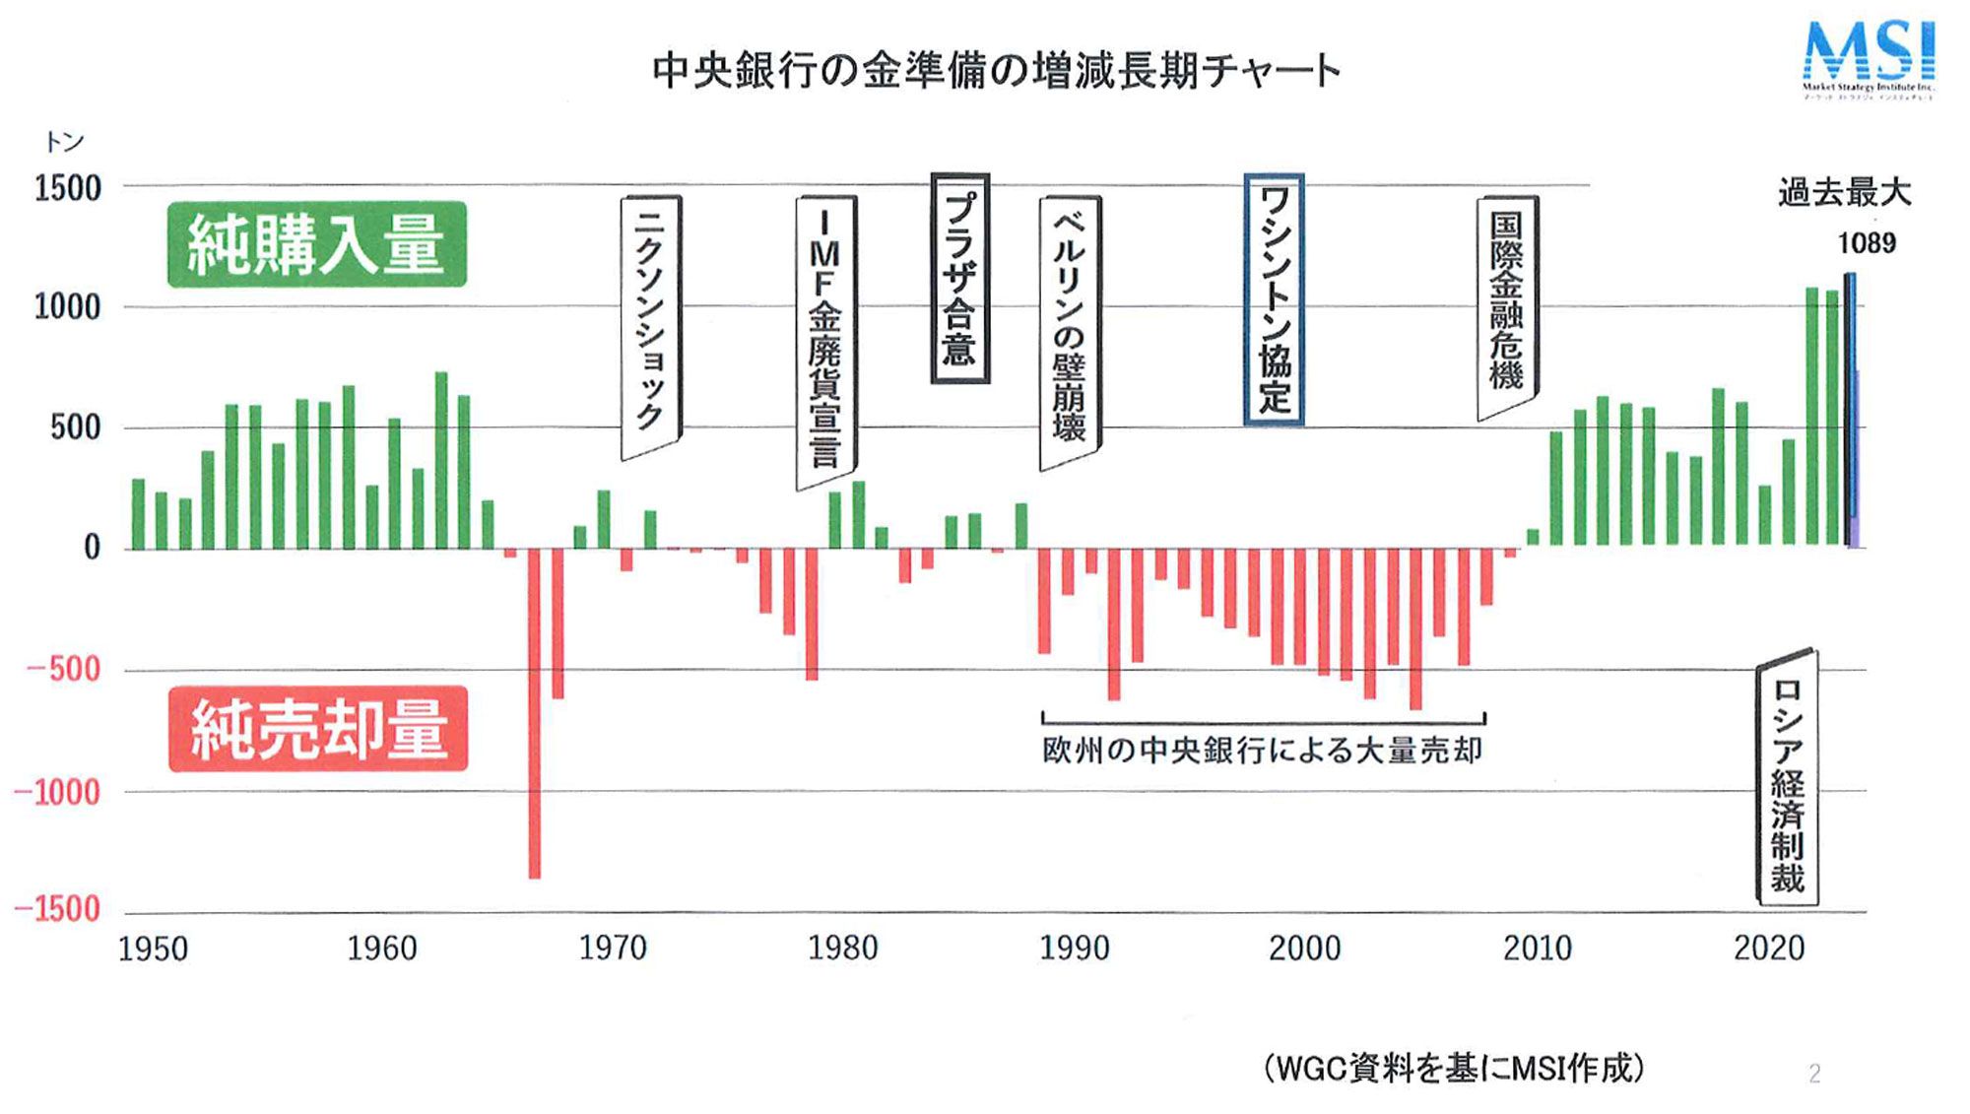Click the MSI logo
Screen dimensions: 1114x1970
(x=1868, y=59)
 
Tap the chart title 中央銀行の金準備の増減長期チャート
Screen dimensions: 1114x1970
(x=996, y=72)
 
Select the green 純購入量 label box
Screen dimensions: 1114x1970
(x=316, y=244)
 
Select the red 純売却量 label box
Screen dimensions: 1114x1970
(x=318, y=729)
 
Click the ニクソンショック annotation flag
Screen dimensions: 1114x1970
(x=650, y=325)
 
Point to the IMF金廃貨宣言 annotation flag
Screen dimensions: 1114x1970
(x=825, y=340)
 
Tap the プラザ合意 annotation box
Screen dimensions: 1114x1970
(x=959, y=279)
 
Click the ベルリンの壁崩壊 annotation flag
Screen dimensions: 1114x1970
(x=1070, y=330)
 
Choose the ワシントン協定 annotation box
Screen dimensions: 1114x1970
(x=1274, y=300)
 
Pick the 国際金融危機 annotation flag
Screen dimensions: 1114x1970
(x=1507, y=305)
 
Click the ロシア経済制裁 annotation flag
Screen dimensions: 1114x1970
(x=1787, y=778)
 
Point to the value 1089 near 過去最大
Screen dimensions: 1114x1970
(x=1866, y=243)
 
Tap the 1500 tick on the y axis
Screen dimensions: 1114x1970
(x=67, y=188)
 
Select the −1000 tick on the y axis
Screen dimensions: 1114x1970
(x=58, y=792)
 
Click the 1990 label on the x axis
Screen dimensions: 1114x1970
(x=1074, y=949)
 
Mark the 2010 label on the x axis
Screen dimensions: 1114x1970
(x=1537, y=949)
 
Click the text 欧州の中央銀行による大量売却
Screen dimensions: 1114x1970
(x=1262, y=751)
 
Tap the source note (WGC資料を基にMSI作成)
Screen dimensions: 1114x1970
(x=1454, y=1069)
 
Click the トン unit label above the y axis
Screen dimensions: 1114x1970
(x=64, y=143)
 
